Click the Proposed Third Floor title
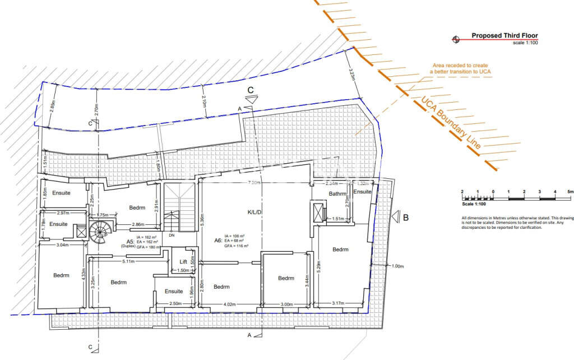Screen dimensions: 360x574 click(x=504, y=35)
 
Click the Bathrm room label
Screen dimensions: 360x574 click(x=338, y=195)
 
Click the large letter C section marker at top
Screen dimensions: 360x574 click(x=251, y=90)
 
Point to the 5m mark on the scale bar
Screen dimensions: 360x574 click(x=570, y=192)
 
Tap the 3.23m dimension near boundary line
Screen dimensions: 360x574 click(x=351, y=75)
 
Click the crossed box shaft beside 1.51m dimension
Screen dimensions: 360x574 click(x=318, y=212)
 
